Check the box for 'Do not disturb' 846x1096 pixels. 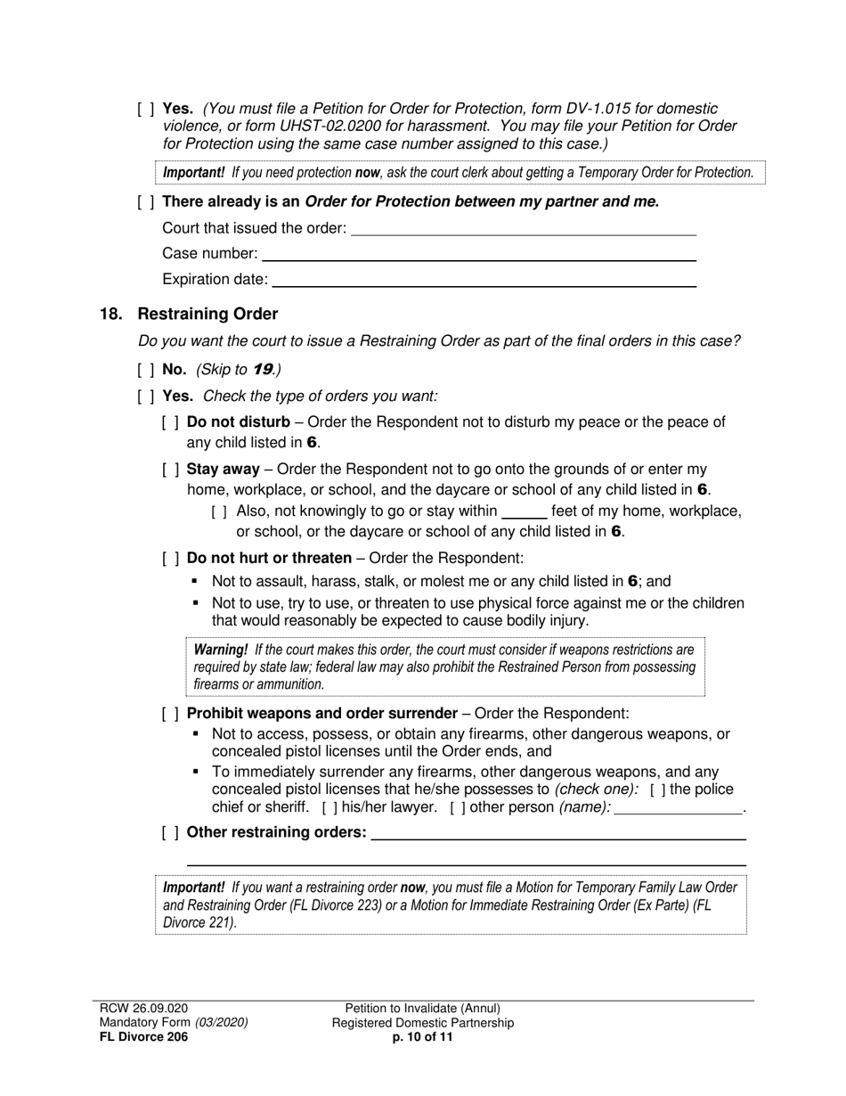tap(170, 422)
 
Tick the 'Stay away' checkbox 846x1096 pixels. tap(170, 470)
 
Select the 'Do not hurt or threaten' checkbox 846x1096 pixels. tap(170, 559)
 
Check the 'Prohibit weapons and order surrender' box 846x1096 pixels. tap(170, 714)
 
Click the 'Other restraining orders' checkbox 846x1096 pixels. tap(170, 832)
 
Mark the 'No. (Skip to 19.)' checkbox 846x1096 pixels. tap(146, 370)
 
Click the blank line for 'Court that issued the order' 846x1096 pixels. tap(524, 229)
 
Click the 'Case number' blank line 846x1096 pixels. tap(479, 255)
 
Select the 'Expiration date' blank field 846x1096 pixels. tap(484, 281)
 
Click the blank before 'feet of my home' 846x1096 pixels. tap(525, 513)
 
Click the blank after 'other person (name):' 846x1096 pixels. tap(679, 808)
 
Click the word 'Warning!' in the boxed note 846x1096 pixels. tap(221, 650)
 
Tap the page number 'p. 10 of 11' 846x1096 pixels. tap(423, 1037)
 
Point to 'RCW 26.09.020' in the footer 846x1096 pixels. tap(143, 1008)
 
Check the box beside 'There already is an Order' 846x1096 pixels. tap(146, 202)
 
